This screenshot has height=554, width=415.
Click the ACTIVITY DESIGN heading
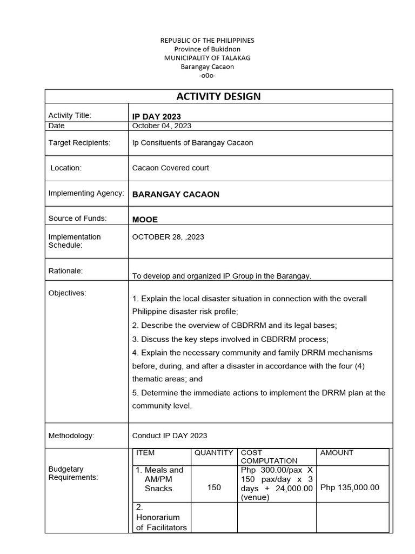point(218,97)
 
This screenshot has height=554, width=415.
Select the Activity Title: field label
point(70,115)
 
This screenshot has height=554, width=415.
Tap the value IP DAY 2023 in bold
point(157,116)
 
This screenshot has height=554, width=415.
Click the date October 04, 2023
point(162,126)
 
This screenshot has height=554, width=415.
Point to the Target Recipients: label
point(79,143)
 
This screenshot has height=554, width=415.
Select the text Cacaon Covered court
point(170,168)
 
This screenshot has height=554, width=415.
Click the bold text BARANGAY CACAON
point(176,194)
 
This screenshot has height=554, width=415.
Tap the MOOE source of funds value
point(145,219)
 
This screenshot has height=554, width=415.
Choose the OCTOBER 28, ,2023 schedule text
point(168,237)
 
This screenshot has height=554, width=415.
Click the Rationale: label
point(65,271)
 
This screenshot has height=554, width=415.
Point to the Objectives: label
point(68,293)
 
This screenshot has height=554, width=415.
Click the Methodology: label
point(71,436)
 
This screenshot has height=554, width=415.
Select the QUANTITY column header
point(213,453)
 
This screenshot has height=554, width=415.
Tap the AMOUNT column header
point(337,453)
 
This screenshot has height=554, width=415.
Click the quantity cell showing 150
point(214,487)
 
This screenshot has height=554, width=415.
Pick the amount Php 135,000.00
point(350,487)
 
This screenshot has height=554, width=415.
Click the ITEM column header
point(145,453)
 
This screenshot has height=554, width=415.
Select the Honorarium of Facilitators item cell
point(161,518)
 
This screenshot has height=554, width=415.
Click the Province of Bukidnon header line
point(207,49)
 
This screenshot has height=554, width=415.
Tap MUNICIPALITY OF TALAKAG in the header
point(207,58)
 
